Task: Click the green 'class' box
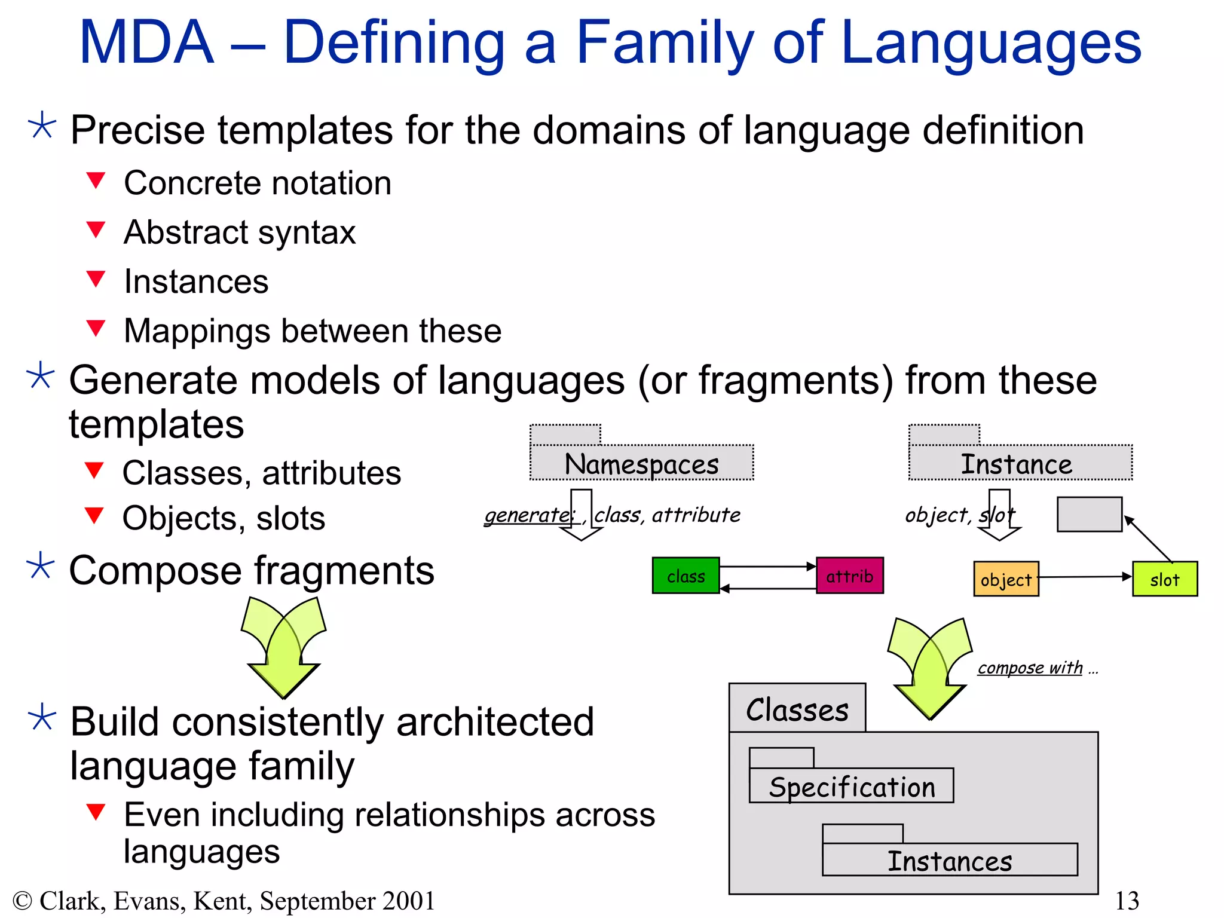[686, 576]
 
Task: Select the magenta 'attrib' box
[849, 576]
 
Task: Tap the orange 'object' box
[1006, 579]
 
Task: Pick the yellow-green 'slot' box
[1164, 579]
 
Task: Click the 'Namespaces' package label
[641, 464]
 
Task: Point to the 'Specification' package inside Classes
[852, 787]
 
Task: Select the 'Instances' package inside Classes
[950, 861]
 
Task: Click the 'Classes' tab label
[797, 709]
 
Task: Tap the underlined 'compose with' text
[1030, 667]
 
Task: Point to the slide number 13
[1127, 900]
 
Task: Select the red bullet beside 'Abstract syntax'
[96, 229]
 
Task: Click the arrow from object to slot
[1085, 577]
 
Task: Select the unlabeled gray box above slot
[1089, 514]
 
